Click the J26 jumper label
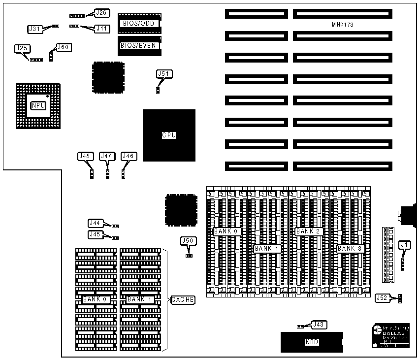pyautogui.click(x=102, y=12)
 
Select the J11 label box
pyautogui.click(x=102, y=29)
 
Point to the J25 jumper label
pyautogui.click(x=22, y=48)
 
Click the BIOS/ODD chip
pyautogui.click(x=136, y=23)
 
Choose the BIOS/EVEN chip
pyautogui.click(x=138, y=45)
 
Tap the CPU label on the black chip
pyautogui.click(x=169, y=135)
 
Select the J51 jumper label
pyautogui.click(x=164, y=74)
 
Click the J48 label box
pyautogui.click(x=85, y=156)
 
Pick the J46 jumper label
pyautogui.click(x=128, y=156)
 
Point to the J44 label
pyautogui.click(x=95, y=223)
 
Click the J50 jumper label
pyautogui.click(x=188, y=241)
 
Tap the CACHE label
pyautogui.click(x=183, y=299)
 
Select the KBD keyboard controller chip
pyautogui.click(x=312, y=342)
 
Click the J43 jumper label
pyautogui.click(x=319, y=325)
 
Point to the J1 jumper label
pyautogui.click(x=404, y=244)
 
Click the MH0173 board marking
pyautogui.click(x=343, y=24)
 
